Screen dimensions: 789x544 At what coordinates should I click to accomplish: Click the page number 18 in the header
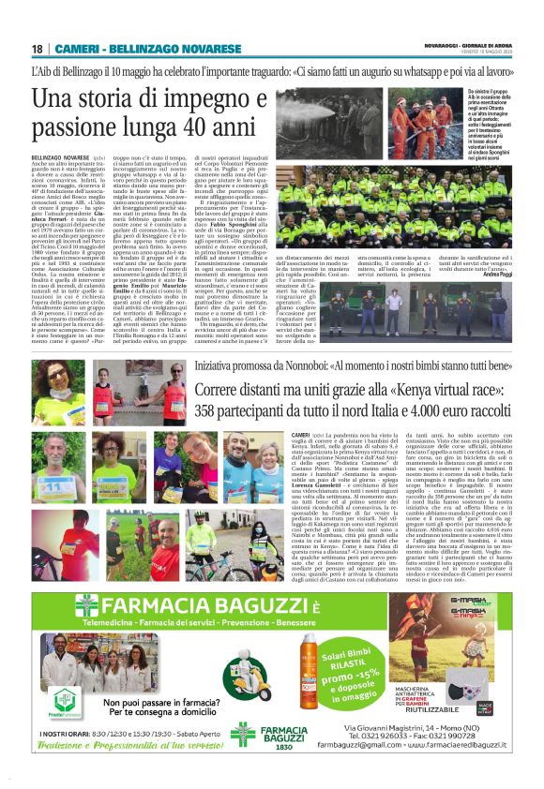37,49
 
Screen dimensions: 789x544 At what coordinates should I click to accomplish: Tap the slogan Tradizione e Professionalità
126,743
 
